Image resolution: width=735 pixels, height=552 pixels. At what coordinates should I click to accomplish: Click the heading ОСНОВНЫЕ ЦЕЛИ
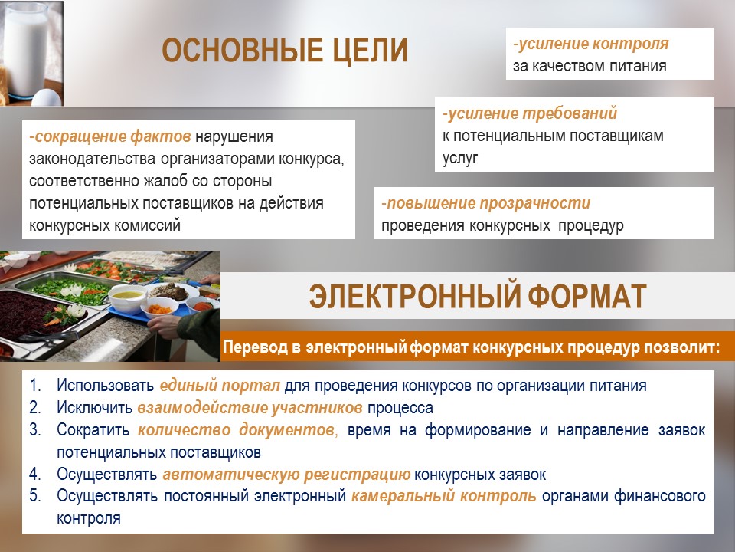tap(285, 51)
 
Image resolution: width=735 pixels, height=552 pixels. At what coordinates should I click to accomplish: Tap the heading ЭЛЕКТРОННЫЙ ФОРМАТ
tap(478, 296)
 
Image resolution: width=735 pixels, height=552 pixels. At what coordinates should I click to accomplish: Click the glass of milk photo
tap(31, 53)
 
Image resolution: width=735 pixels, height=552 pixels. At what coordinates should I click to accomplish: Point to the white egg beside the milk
tap(47, 97)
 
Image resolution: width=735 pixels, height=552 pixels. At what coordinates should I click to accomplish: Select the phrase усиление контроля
tap(593, 44)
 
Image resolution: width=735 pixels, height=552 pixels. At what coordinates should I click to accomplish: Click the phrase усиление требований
tap(532, 113)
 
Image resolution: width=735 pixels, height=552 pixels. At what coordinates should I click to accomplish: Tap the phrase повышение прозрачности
tap(488, 203)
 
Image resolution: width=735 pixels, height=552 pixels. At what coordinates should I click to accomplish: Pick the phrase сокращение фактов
tap(113, 136)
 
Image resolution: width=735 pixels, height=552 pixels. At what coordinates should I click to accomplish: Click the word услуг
tap(460, 158)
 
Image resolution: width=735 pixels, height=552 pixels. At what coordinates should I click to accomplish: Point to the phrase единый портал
tap(220, 386)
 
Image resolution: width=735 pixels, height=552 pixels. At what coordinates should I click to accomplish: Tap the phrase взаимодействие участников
tap(250, 407)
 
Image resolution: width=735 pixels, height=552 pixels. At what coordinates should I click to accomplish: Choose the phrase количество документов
tap(236, 430)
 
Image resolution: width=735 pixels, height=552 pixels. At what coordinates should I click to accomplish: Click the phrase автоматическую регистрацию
tap(286, 475)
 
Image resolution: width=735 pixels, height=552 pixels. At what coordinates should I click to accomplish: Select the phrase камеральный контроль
tap(444, 496)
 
